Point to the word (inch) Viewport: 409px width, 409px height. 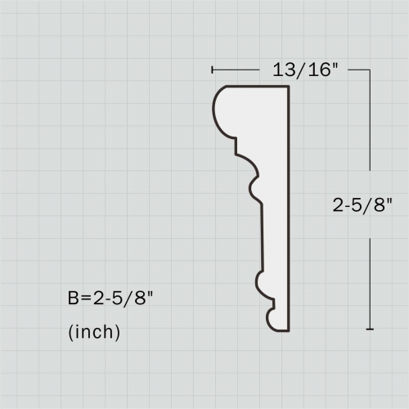pos(94,332)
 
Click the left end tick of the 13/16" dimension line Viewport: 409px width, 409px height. pos(212,70)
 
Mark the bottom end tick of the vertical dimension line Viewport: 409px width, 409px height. pos(371,329)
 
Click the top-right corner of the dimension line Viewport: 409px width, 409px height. pos(371,70)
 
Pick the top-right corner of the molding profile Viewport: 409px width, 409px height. pos(290,87)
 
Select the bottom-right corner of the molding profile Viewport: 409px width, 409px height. pos(290,331)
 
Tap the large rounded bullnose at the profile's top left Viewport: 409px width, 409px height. pos(219,110)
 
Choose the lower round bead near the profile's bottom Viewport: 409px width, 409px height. pos(259,283)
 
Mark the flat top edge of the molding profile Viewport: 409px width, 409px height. pos(258,87)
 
